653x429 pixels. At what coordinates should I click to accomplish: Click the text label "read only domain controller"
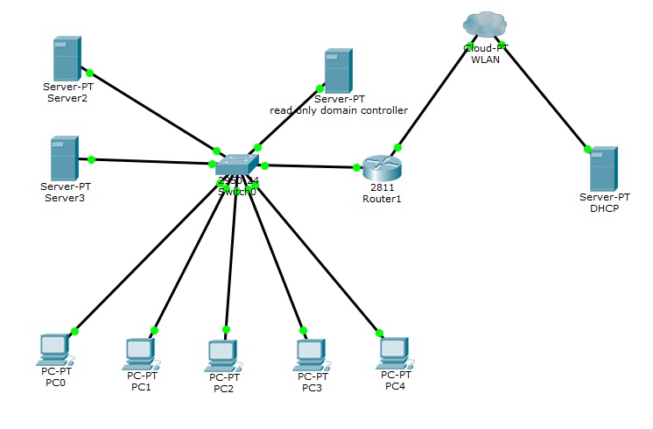[x=339, y=110]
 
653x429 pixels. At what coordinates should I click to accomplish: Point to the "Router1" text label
[x=381, y=199]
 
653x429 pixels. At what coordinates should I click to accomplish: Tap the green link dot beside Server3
[x=91, y=159]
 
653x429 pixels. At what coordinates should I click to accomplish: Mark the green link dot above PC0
[x=74, y=331]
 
